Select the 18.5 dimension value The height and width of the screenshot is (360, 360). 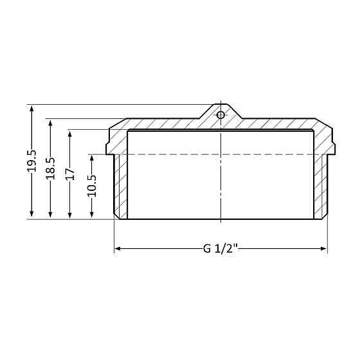50,168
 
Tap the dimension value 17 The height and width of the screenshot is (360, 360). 70,174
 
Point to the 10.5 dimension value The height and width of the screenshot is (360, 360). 91,186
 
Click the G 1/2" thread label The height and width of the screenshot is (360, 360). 221,249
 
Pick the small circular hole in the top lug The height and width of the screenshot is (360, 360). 221,115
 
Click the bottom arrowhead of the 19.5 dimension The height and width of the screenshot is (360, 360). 31,215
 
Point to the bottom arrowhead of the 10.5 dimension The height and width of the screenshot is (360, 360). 91,215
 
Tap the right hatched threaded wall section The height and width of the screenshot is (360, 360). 321,186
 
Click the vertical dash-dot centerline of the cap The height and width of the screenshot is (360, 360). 221,180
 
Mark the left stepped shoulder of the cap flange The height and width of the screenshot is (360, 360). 109,145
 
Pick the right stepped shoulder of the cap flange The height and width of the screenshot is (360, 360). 332,145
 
